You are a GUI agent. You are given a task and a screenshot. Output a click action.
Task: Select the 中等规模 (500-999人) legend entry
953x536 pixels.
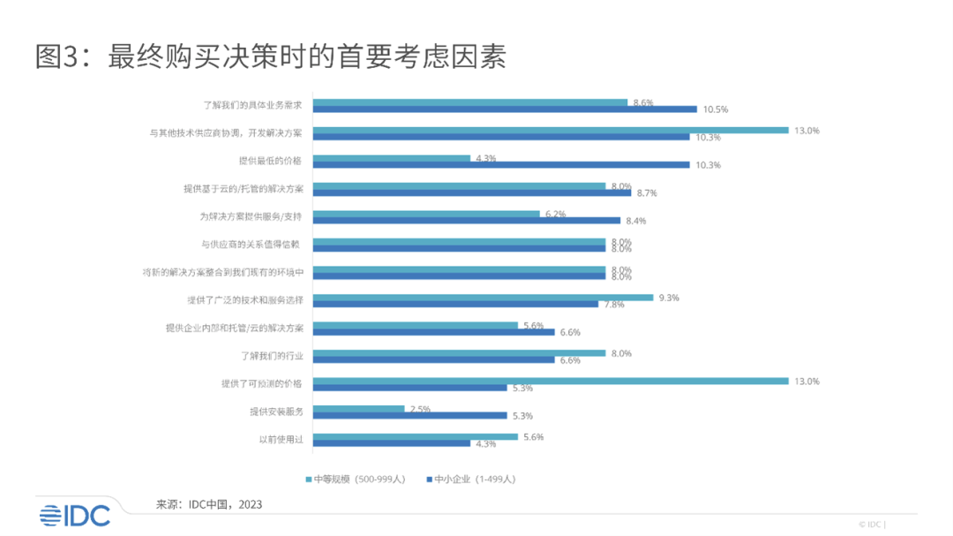[355, 479]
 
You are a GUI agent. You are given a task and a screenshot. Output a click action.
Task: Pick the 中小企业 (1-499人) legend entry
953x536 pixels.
[470, 479]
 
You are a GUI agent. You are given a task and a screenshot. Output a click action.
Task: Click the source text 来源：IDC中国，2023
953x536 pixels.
[209, 504]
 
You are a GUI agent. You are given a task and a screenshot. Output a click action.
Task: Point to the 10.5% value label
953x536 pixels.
[715, 109]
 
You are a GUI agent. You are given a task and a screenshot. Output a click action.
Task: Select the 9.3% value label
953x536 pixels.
[667, 298]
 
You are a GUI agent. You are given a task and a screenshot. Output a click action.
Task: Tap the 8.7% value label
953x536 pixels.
[647, 193]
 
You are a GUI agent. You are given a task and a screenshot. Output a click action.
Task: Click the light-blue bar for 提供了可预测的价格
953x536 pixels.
[551, 381]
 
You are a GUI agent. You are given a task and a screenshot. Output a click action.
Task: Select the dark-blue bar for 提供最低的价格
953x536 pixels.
[501, 164]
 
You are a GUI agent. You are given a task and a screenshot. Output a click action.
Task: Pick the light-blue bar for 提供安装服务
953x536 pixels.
[358, 408]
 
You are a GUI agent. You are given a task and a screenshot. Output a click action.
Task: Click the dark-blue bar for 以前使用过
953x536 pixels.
[392, 443]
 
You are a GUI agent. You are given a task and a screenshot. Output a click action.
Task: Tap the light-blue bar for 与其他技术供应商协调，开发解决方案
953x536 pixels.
[551, 130]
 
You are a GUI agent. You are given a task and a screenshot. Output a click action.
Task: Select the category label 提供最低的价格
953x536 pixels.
[270, 161]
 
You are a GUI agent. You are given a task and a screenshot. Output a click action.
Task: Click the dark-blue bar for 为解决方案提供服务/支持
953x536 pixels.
[467, 220]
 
